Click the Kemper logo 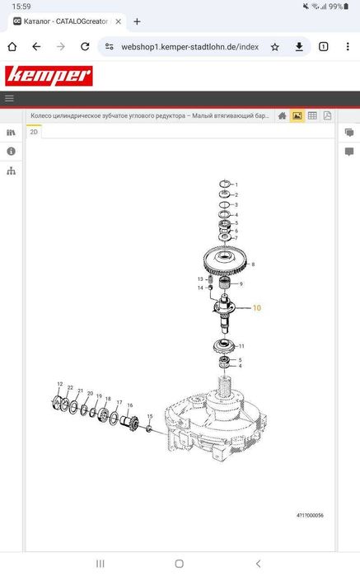pyautogui.click(x=49, y=76)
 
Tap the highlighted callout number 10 pyautogui.click(x=257, y=308)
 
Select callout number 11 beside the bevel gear pyautogui.click(x=241, y=346)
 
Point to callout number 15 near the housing pyautogui.click(x=150, y=416)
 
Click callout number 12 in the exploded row pyautogui.click(x=60, y=384)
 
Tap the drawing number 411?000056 pyautogui.click(x=310, y=515)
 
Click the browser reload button pyautogui.click(x=85, y=47)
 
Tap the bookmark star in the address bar pyautogui.click(x=275, y=47)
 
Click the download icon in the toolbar pyautogui.click(x=299, y=47)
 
